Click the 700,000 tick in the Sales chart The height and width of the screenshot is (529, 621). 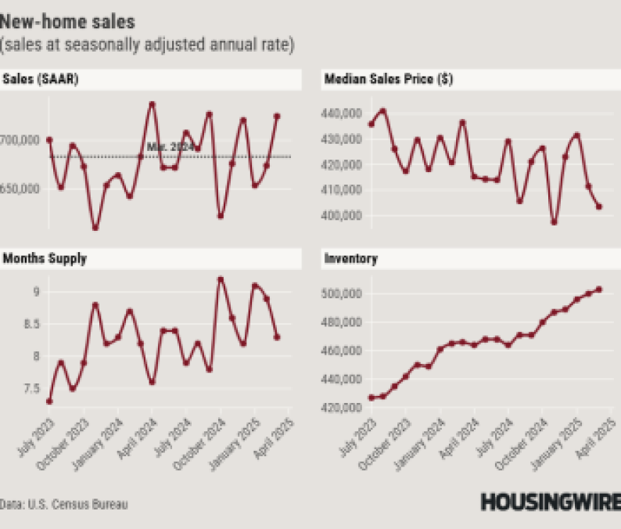21,141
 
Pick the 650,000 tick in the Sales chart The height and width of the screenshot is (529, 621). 21,189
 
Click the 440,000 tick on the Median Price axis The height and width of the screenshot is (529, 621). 339,114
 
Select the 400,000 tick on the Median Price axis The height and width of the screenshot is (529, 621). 339,216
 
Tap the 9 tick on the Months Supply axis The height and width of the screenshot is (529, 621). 35,293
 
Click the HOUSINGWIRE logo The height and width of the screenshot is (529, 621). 550,502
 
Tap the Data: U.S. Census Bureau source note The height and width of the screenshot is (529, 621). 64,504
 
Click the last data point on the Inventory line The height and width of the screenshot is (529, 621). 599,290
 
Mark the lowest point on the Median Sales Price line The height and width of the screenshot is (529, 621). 554,222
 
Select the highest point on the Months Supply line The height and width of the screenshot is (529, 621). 221,279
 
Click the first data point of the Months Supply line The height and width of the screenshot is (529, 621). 50,401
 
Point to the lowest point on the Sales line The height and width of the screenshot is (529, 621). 95,228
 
